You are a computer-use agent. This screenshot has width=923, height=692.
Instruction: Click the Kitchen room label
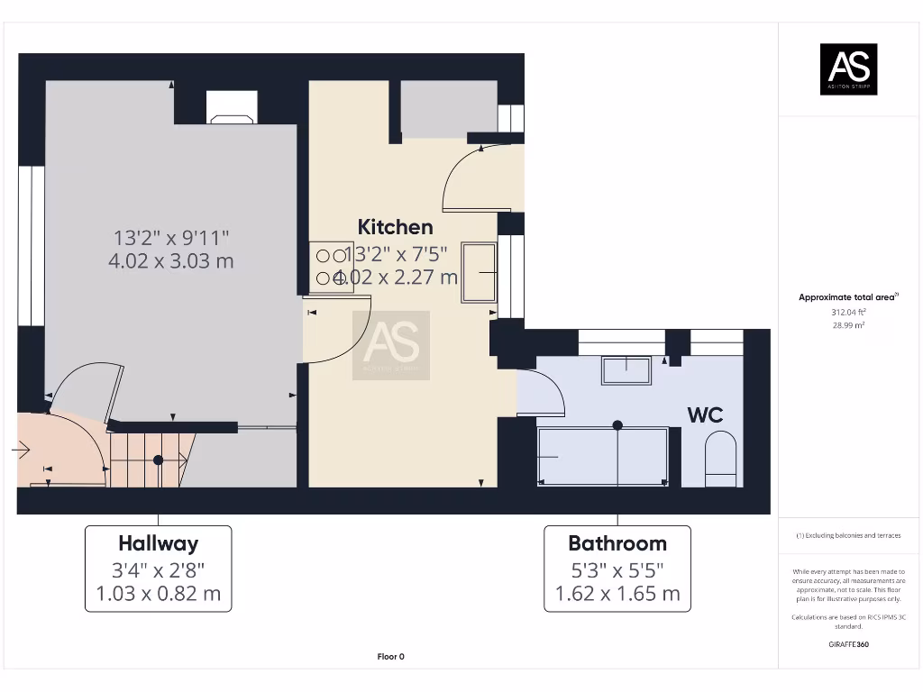point(395,227)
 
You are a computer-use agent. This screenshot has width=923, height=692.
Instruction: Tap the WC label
point(705,414)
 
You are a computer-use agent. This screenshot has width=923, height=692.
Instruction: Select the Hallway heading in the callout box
point(158,543)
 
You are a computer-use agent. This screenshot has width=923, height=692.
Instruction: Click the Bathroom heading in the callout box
point(617,543)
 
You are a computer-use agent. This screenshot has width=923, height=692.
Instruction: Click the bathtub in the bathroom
point(603,457)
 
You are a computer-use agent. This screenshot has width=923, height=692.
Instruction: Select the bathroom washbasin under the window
point(626,369)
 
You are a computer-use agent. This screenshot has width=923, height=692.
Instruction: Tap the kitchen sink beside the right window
point(479,271)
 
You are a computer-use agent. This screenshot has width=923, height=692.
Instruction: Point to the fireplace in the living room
point(232,107)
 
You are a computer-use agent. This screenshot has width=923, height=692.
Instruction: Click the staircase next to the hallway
point(151,460)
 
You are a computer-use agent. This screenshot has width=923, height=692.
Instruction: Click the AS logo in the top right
point(847,69)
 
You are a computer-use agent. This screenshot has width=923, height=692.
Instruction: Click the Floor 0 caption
point(390,657)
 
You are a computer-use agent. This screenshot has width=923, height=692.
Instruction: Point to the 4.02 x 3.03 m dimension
point(171,261)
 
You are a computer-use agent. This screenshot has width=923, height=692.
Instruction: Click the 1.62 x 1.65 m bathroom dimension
point(617,594)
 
